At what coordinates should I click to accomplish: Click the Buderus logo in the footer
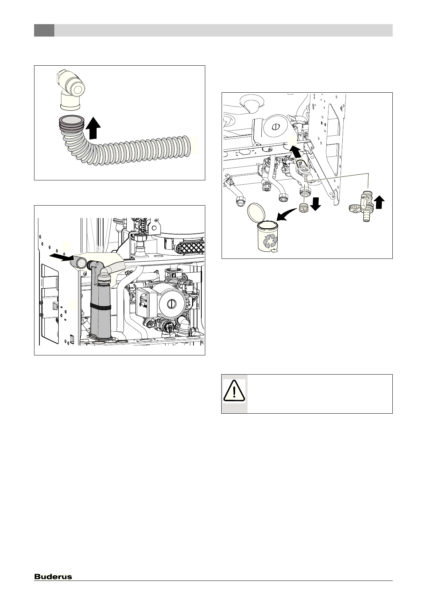(x=53, y=577)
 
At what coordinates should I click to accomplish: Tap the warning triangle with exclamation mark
(x=234, y=391)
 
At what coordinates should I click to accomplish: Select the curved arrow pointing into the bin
(x=286, y=214)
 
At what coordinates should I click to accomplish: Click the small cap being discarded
(x=304, y=208)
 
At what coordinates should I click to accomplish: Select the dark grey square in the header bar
(x=44, y=30)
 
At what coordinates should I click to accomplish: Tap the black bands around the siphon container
(x=100, y=306)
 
